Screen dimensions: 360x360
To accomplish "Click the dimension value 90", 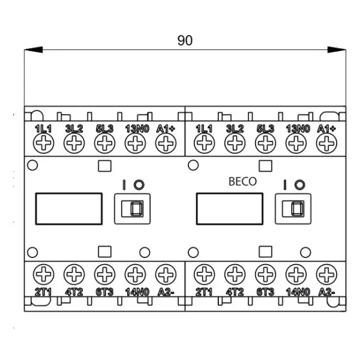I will [185, 41].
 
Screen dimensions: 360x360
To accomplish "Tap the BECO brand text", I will [242, 182].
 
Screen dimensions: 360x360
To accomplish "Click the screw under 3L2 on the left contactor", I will [74, 143].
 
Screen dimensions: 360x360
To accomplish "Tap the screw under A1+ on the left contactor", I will [165, 143].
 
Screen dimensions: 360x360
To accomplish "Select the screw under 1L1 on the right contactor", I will [205, 143].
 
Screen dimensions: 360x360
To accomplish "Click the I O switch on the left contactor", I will [131, 208].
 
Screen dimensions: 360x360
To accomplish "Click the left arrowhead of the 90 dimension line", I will [29, 50].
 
